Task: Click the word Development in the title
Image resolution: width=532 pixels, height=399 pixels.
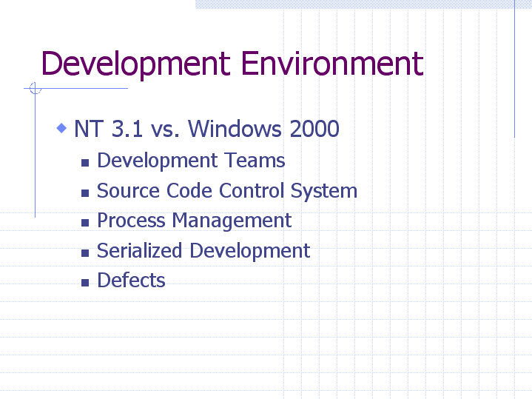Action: pyautogui.click(x=135, y=64)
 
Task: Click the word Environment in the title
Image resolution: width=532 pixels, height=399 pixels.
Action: pyautogui.click(x=332, y=63)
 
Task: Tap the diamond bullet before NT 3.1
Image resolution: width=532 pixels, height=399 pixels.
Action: pyautogui.click(x=61, y=128)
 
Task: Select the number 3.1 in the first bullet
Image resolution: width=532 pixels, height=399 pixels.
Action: pyautogui.click(x=127, y=129)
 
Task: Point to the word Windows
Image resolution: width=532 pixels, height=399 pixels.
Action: pyautogui.click(x=235, y=129)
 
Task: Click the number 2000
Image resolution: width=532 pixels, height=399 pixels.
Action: pyautogui.click(x=314, y=129)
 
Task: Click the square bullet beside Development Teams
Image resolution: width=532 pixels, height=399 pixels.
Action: pyautogui.click(x=85, y=163)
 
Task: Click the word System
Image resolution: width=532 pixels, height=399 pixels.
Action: pyautogui.click(x=324, y=191)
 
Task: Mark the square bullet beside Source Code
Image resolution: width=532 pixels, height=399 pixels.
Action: pyautogui.click(x=85, y=193)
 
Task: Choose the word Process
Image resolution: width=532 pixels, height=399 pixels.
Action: pyautogui.click(x=131, y=220)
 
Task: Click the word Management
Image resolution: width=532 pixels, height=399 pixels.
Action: pyautogui.click(x=232, y=221)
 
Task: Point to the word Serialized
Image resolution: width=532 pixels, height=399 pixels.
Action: pyautogui.click(x=139, y=250)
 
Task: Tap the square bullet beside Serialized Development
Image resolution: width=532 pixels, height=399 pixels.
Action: pyautogui.click(x=85, y=253)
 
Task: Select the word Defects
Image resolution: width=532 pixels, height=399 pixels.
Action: pyautogui.click(x=131, y=280)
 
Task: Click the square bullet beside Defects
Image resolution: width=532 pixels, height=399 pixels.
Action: pyautogui.click(x=85, y=283)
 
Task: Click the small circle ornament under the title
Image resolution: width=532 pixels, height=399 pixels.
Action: pyautogui.click(x=36, y=88)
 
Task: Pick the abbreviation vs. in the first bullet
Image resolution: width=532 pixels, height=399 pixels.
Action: pyautogui.click(x=165, y=130)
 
